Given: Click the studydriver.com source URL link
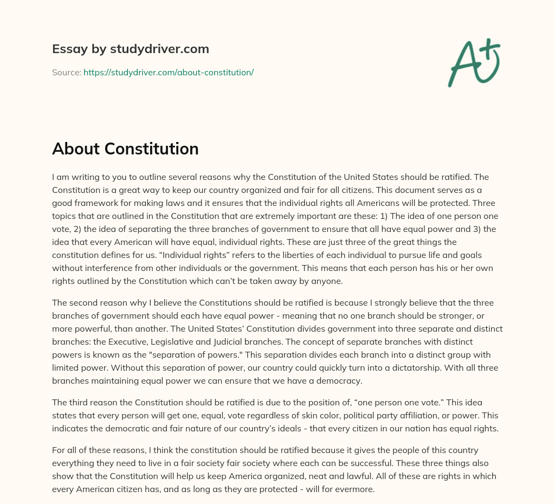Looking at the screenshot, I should click(x=169, y=72).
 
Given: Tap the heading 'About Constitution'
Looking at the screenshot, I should click(x=125, y=148).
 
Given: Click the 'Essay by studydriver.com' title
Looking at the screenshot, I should click(x=130, y=49).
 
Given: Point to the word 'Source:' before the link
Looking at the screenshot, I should click(x=66, y=72).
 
